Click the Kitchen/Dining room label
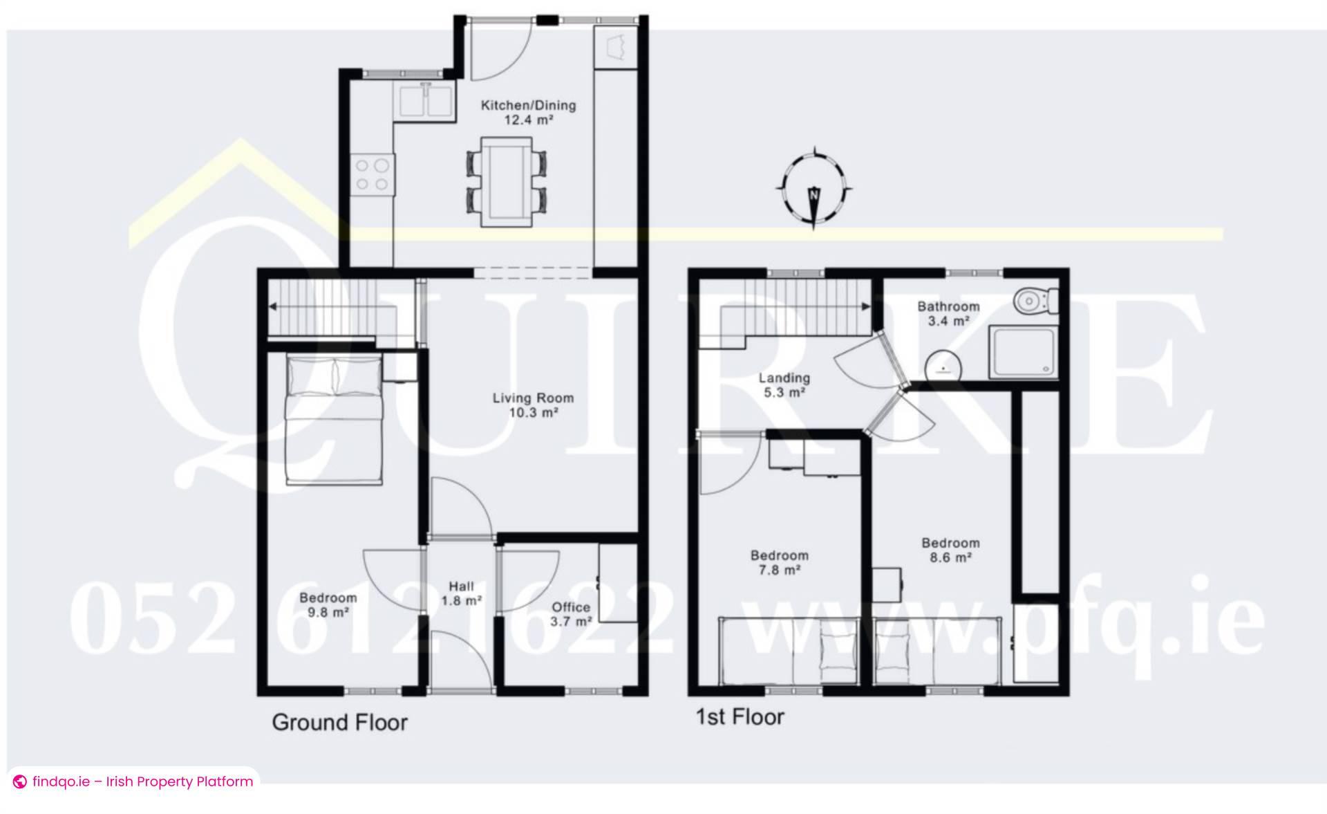pyautogui.click(x=528, y=112)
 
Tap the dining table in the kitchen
pyautogui.click(x=507, y=181)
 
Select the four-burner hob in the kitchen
pyautogui.click(x=372, y=174)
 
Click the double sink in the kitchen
pyautogui.click(x=426, y=101)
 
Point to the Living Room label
pyautogui.click(x=533, y=405)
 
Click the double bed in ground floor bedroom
pyautogui.click(x=335, y=419)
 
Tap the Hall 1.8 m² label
pyautogui.click(x=461, y=593)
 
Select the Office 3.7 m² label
pyautogui.click(x=571, y=613)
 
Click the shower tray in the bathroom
pyautogui.click(x=1023, y=353)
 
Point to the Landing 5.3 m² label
pyautogui.click(x=784, y=385)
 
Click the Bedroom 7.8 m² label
pyautogui.click(x=780, y=562)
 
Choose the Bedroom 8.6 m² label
pyautogui.click(x=950, y=550)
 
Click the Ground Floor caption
pyautogui.click(x=339, y=722)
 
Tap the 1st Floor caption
pyautogui.click(x=740, y=716)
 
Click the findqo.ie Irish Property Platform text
pyautogui.click(x=142, y=781)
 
